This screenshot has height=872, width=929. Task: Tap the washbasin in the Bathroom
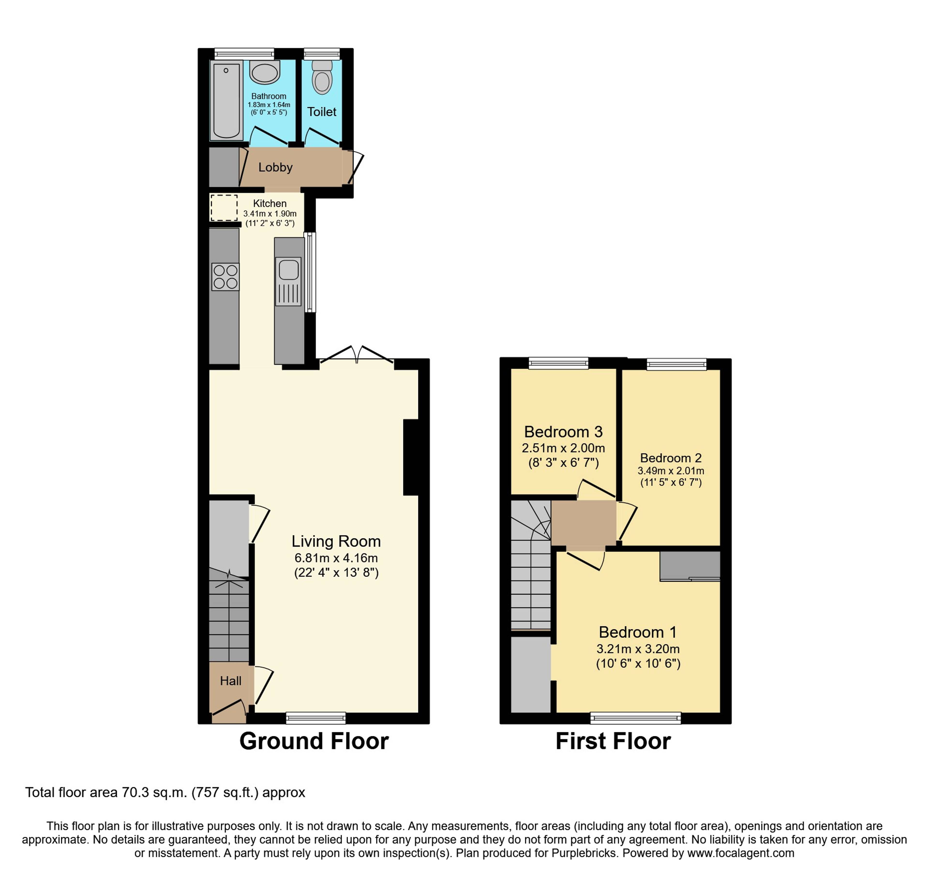264,72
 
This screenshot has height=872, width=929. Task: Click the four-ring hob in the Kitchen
225,277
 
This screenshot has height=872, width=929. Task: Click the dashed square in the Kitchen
224,208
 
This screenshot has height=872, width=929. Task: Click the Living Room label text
336,541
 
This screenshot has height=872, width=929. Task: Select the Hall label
231,681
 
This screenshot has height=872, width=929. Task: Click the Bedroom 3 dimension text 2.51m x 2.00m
563,448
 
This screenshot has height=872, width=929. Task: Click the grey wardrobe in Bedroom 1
690,566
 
